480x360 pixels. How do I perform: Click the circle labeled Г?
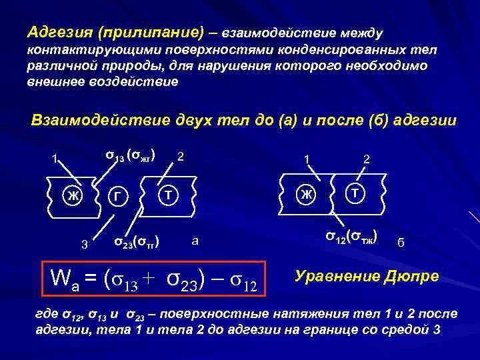117,197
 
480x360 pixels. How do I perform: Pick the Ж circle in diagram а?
71,196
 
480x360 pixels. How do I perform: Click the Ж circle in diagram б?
305,194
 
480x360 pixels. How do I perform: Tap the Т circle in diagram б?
355,193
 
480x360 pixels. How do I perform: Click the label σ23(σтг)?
138,240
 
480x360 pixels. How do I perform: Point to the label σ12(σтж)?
351,236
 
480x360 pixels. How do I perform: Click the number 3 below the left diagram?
84,243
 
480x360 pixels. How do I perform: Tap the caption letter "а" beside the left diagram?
195,240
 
